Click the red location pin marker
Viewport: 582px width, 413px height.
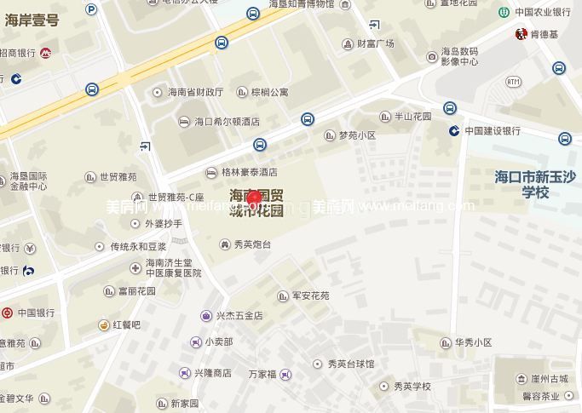click(254, 198)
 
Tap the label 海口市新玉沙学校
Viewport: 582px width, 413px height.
click(535, 185)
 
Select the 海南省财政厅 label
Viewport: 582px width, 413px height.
click(195, 92)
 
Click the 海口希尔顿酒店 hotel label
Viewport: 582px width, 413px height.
click(227, 122)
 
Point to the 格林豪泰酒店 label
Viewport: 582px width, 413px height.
click(249, 171)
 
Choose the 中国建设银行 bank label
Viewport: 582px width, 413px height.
click(492, 130)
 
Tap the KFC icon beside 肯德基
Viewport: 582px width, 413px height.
click(521, 34)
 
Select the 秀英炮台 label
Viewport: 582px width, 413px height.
click(251, 244)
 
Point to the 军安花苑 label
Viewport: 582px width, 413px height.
click(310, 296)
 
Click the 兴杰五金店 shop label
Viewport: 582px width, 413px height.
click(239, 315)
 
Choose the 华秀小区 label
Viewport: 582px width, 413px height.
click(473, 342)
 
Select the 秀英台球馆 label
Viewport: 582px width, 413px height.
click(351, 364)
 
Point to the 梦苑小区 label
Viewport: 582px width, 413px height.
click(356, 135)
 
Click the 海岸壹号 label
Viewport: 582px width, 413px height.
click(32, 20)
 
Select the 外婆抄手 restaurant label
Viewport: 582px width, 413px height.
click(163, 224)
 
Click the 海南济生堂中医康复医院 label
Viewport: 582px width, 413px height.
click(173, 268)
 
